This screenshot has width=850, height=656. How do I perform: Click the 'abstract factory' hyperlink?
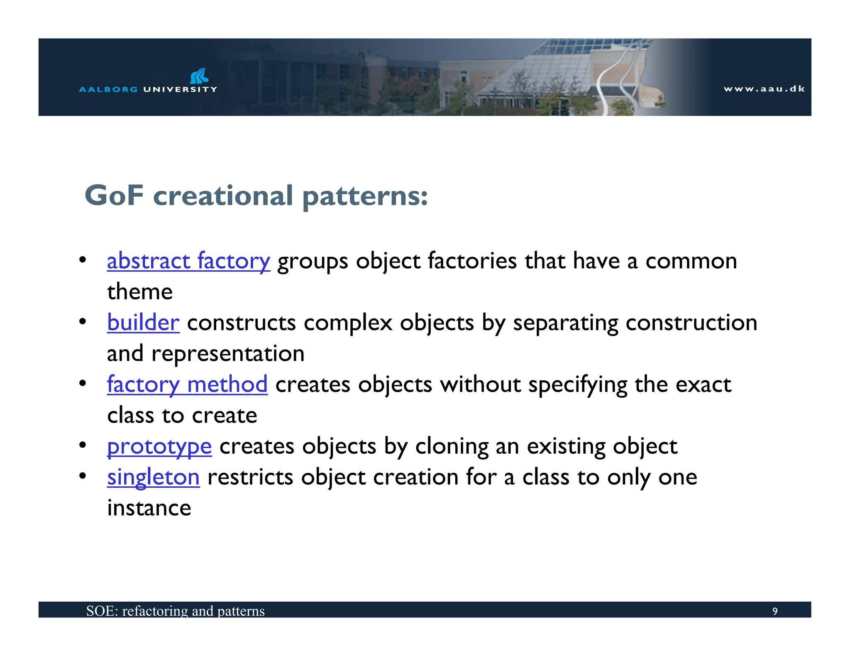pos(188,261)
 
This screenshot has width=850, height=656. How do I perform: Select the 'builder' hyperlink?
pos(143,323)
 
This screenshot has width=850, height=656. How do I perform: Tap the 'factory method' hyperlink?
pos(187,384)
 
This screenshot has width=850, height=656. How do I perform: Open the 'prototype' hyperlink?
pos(159,447)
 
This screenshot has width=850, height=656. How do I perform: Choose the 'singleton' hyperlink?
pos(153,477)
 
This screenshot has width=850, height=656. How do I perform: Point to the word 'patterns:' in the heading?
pos(365,197)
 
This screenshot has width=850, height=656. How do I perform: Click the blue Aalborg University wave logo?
pos(199,76)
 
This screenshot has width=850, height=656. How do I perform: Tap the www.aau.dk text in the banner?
pos(764,89)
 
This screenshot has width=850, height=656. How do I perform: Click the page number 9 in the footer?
pos(774,611)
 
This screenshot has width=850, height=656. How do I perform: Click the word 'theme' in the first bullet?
pos(140,292)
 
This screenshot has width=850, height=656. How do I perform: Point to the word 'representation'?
pos(228,354)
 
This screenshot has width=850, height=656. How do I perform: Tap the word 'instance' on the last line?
pos(149,508)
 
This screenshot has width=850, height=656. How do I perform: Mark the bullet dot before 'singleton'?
pos(83,476)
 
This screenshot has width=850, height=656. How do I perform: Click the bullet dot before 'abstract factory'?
pos(83,260)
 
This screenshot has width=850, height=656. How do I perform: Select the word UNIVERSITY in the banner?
pos(180,89)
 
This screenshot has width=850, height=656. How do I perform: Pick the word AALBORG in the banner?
pos(108,89)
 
